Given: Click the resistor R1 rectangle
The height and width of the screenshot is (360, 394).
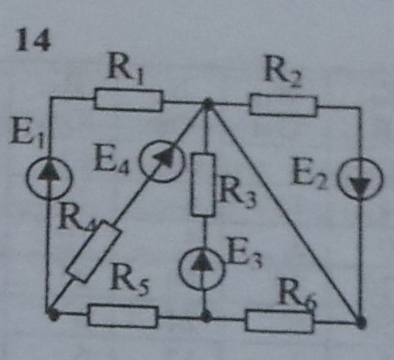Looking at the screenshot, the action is pyautogui.click(x=128, y=101).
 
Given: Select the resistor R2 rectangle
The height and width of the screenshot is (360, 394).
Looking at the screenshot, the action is pyautogui.click(x=283, y=105).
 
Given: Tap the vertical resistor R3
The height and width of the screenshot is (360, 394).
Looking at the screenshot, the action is pyautogui.click(x=203, y=185).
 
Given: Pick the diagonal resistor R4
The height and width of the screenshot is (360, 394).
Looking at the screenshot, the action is pyautogui.click(x=93, y=252).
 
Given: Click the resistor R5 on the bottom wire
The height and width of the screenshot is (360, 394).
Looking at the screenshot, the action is pyautogui.click(x=123, y=316).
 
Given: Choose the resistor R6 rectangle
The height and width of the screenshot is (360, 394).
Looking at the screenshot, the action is pyautogui.click(x=279, y=320).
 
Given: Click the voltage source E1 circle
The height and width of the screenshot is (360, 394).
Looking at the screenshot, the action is pyautogui.click(x=49, y=177).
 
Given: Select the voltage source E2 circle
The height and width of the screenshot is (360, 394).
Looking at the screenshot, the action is pyautogui.click(x=360, y=179).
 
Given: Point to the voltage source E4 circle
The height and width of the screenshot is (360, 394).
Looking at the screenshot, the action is pyautogui.click(x=162, y=161).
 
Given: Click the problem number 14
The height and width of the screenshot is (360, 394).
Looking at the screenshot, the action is pyautogui.click(x=33, y=41).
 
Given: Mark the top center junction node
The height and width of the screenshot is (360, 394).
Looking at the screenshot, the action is pyautogui.click(x=207, y=103).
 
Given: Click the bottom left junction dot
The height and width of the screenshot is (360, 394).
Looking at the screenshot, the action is pyautogui.click(x=53, y=314).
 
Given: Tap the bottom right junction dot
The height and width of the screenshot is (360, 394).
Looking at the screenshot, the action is pyautogui.click(x=360, y=322).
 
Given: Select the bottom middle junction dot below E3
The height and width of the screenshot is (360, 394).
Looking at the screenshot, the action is pyautogui.click(x=206, y=317).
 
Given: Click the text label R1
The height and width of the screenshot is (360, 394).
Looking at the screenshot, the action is pyautogui.click(x=126, y=69).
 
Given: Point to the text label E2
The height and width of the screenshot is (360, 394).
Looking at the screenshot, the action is pyautogui.click(x=310, y=174).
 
